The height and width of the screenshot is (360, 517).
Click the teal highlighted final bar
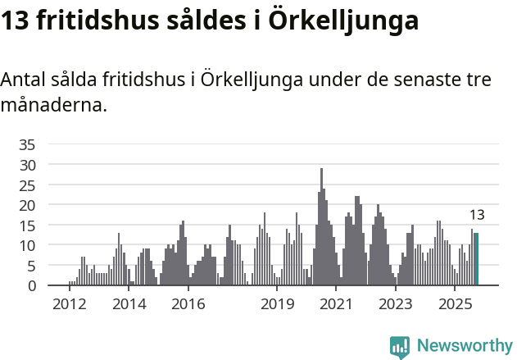[x=477, y=259]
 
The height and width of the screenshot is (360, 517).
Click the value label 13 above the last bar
[x=477, y=216]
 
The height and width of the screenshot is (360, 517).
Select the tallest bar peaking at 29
[x=321, y=226]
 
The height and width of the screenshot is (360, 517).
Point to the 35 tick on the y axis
[x=27, y=145]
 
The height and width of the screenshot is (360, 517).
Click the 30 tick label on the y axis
[x=27, y=165]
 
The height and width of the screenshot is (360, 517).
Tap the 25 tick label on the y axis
[x=27, y=185]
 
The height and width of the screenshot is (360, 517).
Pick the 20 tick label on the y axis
[x=27, y=205]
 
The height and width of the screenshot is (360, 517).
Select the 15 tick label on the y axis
[x=27, y=226]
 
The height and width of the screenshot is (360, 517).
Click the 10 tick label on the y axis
[x=27, y=245]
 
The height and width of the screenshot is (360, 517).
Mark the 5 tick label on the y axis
[x=31, y=266]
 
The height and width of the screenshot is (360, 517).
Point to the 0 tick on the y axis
[x=31, y=285]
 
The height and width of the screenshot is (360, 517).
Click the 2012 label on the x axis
[x=70, y=304]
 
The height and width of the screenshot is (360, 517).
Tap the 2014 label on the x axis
[x=129, y=304]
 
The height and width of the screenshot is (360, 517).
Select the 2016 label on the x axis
[x=188, y=304]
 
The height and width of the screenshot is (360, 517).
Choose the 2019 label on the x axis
[x=278, y=304]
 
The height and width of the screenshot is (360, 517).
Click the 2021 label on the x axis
[x=337, y=304]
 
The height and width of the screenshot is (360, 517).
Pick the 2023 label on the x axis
[x=396, y=304]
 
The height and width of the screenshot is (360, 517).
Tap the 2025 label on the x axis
[x=455, y=304]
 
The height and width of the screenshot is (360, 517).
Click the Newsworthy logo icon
[x=400, y=346]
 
